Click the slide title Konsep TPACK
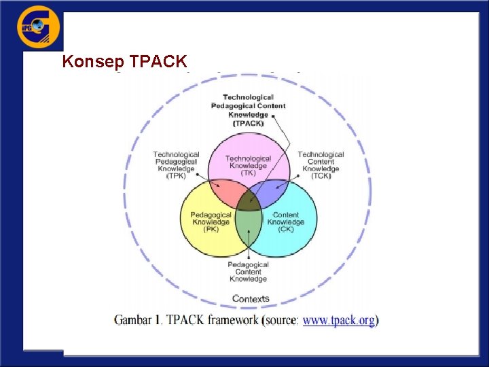124,62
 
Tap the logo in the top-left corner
39,28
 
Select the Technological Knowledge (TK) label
248,165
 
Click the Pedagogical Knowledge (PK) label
211,222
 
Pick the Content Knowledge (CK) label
285,222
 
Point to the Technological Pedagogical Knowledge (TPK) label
176,165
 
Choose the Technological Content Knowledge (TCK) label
321,165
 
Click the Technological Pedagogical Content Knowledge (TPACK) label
249,110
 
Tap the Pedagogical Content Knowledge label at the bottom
248,272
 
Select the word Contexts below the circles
251,298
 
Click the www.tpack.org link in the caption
338,320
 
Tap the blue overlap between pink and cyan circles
272,192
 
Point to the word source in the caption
280,320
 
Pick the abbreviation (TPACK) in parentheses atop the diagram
249,123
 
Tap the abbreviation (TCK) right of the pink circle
321,176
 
